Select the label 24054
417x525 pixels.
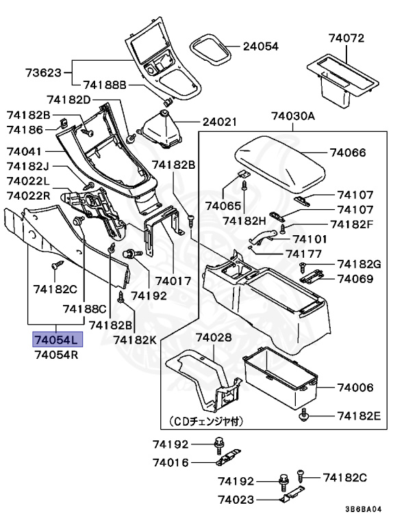pyautogui.click(x=261, y=46)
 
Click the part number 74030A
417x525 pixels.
pyautogui.click(x=292, y=116)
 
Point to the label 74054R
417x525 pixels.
pyautogui.click(x=58, y=355)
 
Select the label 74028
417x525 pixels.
pyautogui.click(x=214, y=338)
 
